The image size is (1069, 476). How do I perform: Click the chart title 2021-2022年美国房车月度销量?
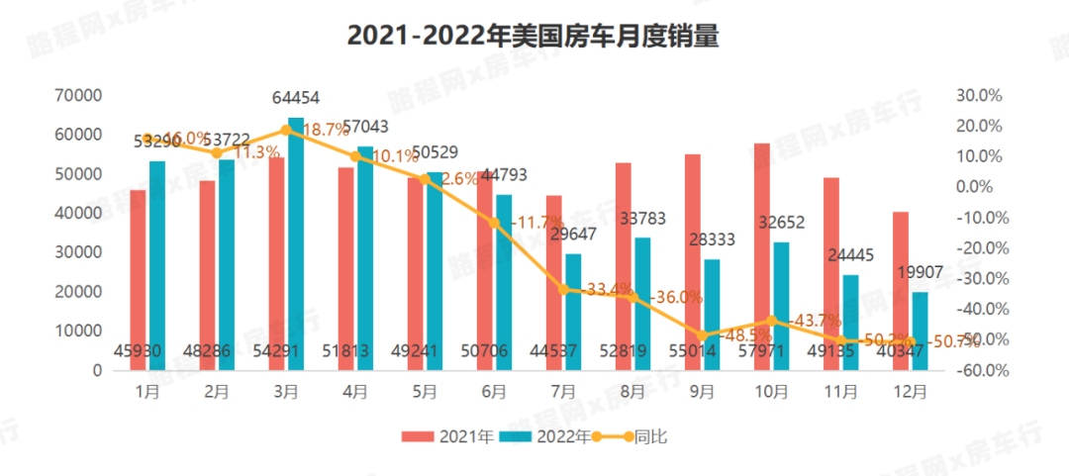pyautogui.click(x=533, y=37)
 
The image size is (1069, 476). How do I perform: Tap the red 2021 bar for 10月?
pyautogui.click(x=761, y=256)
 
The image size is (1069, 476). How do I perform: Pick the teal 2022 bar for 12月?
pyautogui.click(x=920, y=331)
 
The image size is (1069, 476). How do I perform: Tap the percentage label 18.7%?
pyautogui.click(x=326, y=130)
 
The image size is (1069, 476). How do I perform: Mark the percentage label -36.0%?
pyautogui.click(x=676, y=297)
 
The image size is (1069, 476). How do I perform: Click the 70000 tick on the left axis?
pyautogui.click(x=82, y=95)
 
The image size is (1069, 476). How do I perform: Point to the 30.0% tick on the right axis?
pyautogui.click(x=980, y=95)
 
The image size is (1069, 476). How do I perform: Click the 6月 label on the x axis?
pyautogui.click(x=493, y=392)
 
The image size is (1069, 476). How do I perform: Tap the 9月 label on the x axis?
pyautogui.click(x=702, y=392)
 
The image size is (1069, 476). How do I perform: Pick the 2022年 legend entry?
pyautogui.click(x=543, y=436)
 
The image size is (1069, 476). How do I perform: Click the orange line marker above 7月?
pyautogui.click(x=563, y=289)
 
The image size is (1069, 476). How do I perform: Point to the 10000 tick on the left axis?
pyautogui.click(x=82, y=332)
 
